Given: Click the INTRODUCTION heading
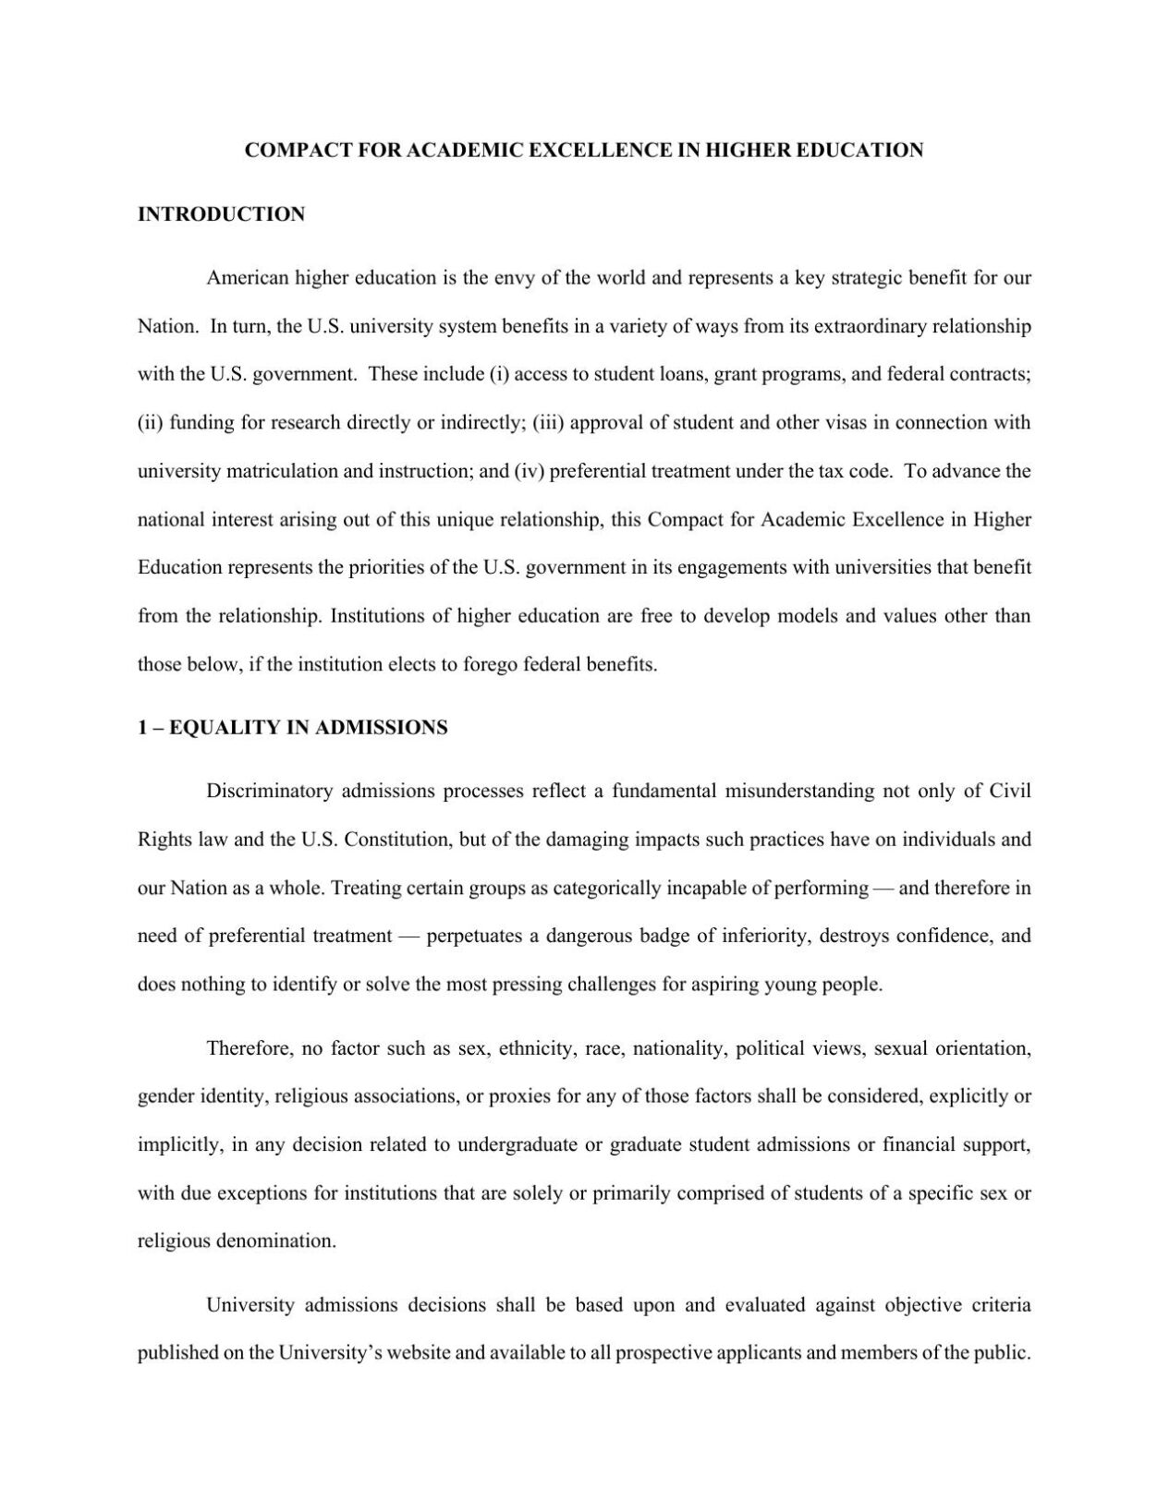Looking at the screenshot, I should (x=221, y=214).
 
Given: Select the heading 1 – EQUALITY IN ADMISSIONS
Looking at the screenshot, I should (x=292, y=728).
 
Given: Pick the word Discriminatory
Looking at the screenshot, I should (x=269, y=792).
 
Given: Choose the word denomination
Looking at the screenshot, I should (x=275, y=1240).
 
